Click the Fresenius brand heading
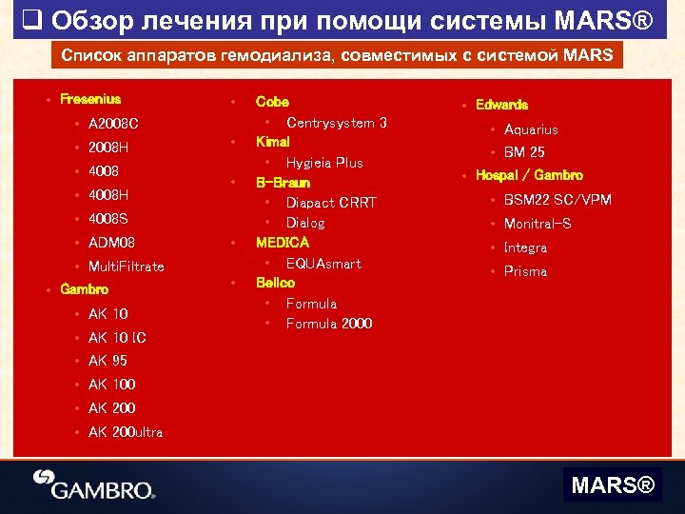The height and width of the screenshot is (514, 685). coord(90,99)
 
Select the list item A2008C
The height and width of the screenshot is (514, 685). coord(113,124)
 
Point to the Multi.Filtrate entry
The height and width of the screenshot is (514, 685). coord(126,267)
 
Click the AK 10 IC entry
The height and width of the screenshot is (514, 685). coord(117,338)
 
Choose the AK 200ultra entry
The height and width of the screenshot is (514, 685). coord(126,432)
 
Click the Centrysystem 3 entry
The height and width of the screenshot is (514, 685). coord(336,123)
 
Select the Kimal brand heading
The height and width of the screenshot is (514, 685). coord(272,141)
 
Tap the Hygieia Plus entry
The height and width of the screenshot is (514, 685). coord(324,163)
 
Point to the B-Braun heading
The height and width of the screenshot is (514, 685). coord(283,182)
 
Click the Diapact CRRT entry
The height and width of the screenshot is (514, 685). coord(331,203)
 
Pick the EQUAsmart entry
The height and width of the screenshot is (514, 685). coord(323,264)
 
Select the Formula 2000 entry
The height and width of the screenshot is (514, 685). coord(329,324)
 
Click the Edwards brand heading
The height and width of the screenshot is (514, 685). coord(501,105)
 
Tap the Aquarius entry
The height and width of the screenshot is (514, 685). coord(531,129)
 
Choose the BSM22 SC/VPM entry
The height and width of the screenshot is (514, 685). coord(558,200)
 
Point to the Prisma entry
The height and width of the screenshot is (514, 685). coord(525,271)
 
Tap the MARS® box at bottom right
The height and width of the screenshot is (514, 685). coord(613,486)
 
